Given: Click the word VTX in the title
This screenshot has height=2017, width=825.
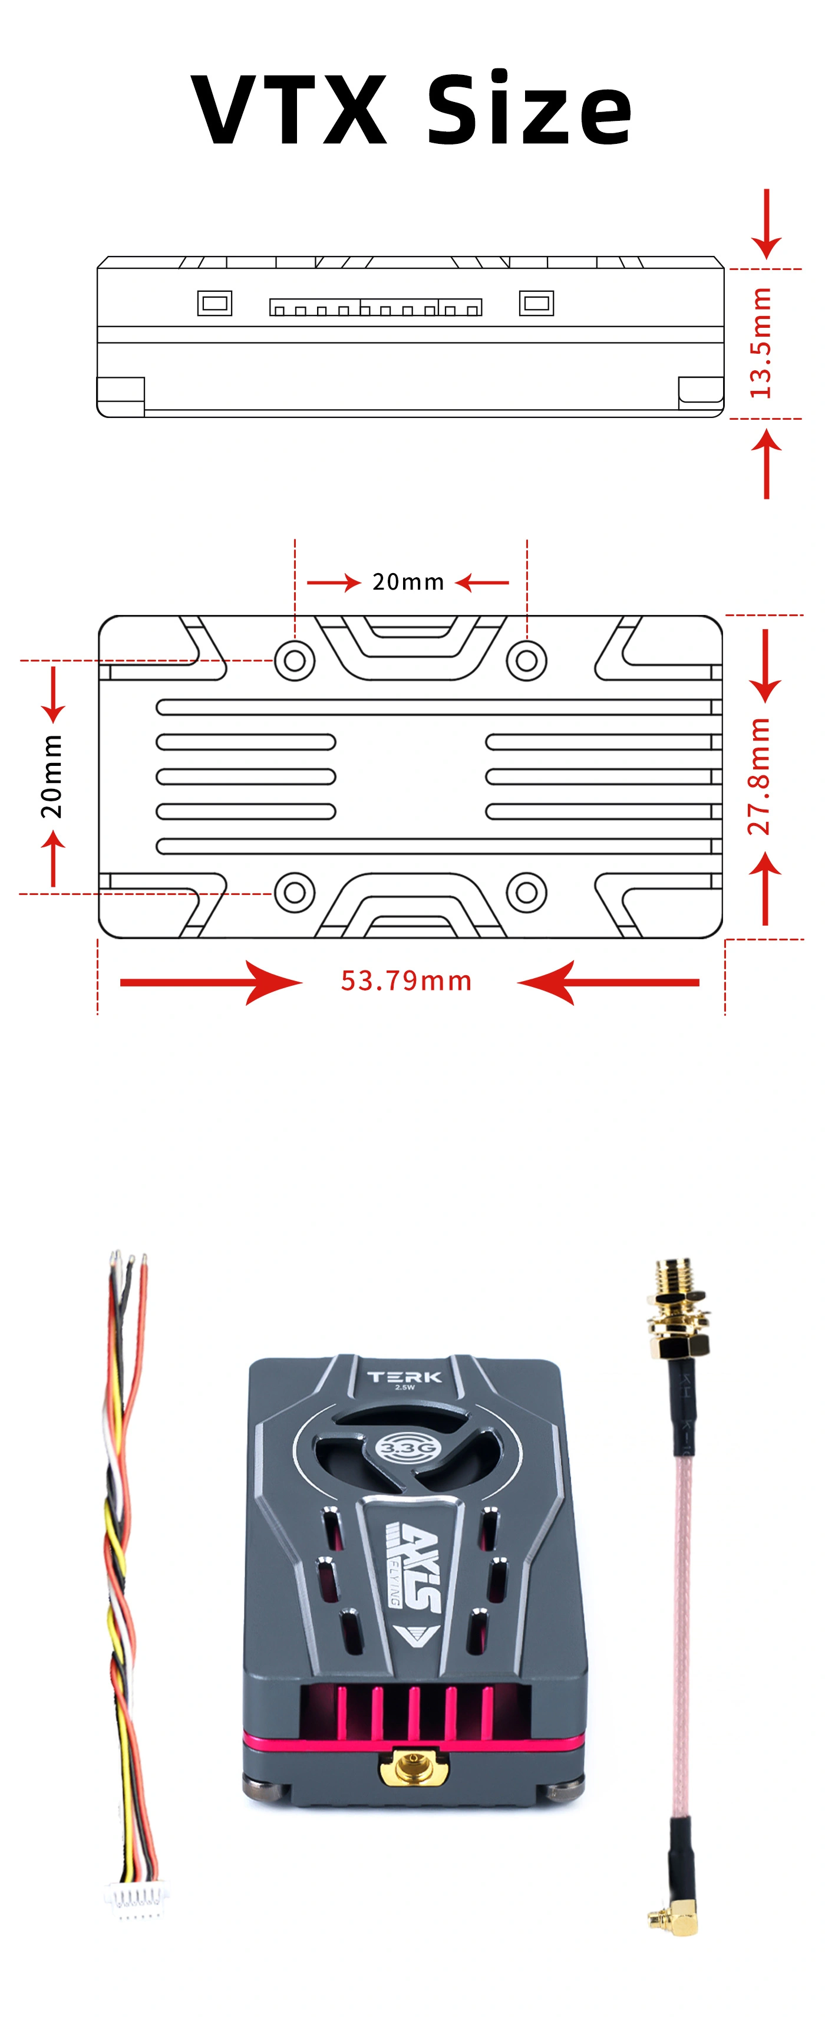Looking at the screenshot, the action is (x=289, y=109).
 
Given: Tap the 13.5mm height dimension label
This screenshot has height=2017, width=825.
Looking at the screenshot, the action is (x=760, y=343).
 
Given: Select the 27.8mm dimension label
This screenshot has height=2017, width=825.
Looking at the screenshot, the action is (x=759, y=776).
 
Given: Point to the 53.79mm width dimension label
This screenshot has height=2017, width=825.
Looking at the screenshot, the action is (x=406, y=980).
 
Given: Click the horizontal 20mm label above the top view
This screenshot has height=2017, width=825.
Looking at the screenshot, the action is (x=408, y=582).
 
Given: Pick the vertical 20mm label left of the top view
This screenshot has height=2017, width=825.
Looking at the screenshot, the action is (x=52, y=776).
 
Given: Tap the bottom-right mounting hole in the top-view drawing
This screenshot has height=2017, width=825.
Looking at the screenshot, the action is (x=527, y=892).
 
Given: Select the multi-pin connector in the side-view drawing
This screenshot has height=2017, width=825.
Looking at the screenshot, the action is (x=376, y=307).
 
